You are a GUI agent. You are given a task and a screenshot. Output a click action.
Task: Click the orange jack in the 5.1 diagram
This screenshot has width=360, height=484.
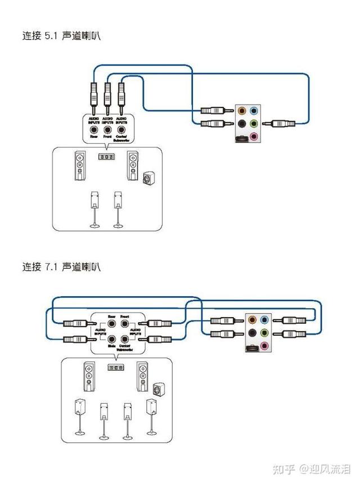(x=242, y=111)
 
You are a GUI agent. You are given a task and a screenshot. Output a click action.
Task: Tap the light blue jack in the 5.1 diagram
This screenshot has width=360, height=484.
(x=254, y=111)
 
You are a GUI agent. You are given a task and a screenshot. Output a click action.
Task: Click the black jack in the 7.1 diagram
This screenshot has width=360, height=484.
(x=251, y=332)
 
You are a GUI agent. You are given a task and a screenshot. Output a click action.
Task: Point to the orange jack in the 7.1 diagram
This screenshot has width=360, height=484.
(x=251, y=319)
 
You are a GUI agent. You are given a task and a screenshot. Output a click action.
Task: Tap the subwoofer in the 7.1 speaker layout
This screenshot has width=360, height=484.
(x=159, y=389)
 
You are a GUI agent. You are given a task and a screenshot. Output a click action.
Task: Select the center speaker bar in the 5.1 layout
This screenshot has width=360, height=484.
(x=106, y=156)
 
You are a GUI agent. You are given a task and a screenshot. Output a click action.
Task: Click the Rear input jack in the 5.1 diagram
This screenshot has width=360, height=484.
(x=93, y=128)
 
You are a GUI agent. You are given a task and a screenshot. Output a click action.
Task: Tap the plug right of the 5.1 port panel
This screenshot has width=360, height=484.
(x=283, y=123)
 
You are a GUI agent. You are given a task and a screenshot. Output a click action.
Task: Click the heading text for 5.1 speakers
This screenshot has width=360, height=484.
(x=61, y=36)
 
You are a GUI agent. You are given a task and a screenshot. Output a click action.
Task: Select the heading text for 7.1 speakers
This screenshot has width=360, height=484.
(x=61, y=266)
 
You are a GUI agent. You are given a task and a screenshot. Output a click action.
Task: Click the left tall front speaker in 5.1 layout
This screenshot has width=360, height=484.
(x=80, y=166)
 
